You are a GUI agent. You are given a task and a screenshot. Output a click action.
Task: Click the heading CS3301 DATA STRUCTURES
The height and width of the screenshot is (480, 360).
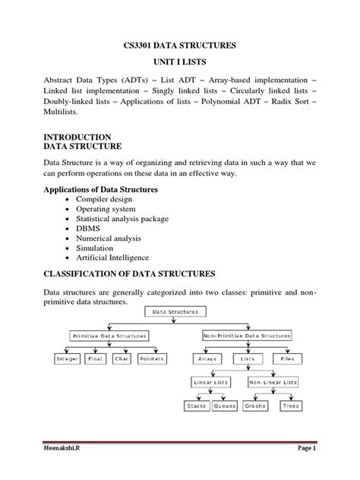tap(180, 47)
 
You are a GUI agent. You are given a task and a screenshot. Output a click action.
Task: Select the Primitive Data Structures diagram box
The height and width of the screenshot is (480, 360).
tap(109, 335)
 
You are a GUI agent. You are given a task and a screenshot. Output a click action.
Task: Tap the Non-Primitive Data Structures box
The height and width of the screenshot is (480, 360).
tap(247, 335)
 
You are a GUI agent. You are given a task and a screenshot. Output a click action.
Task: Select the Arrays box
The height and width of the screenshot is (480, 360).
tap(207, 358)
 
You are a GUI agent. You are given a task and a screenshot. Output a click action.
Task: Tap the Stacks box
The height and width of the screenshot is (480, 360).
tap(197, 406)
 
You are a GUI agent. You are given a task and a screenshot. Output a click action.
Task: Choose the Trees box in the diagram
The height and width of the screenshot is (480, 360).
tap(291, 406)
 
